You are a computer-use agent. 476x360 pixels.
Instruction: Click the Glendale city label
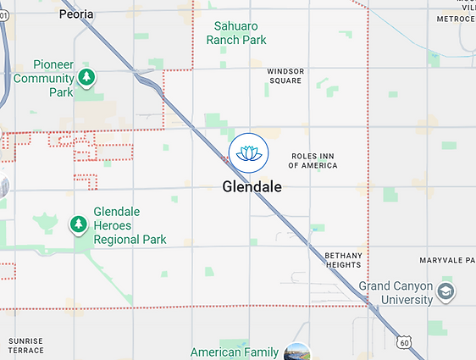pos(252,186)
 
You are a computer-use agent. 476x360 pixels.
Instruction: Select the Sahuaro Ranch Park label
pos(240,33)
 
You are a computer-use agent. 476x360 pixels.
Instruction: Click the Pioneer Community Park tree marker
pos(86,78)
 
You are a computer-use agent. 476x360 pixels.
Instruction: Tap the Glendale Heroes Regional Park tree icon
pos(78,224)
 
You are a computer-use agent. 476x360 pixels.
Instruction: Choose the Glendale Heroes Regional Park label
pos(130,225)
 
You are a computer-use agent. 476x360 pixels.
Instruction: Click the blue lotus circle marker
pos(249,152)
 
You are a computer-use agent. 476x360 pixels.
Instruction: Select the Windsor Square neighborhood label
pos(285,76)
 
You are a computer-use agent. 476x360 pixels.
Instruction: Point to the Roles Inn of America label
pos(313,161)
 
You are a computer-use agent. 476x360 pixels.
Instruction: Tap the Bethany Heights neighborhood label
pos(343,260)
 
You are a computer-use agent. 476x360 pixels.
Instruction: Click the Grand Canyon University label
pos(396,293)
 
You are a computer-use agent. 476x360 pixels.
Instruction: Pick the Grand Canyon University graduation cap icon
pos(446,293)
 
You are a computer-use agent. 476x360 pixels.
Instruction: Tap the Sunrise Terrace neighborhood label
pos(25,346)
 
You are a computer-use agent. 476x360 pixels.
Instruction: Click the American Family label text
pos(235,352)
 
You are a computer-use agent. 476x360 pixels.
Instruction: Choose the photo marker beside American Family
pos(296,352)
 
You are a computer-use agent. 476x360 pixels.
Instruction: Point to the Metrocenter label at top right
pos(456,18)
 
